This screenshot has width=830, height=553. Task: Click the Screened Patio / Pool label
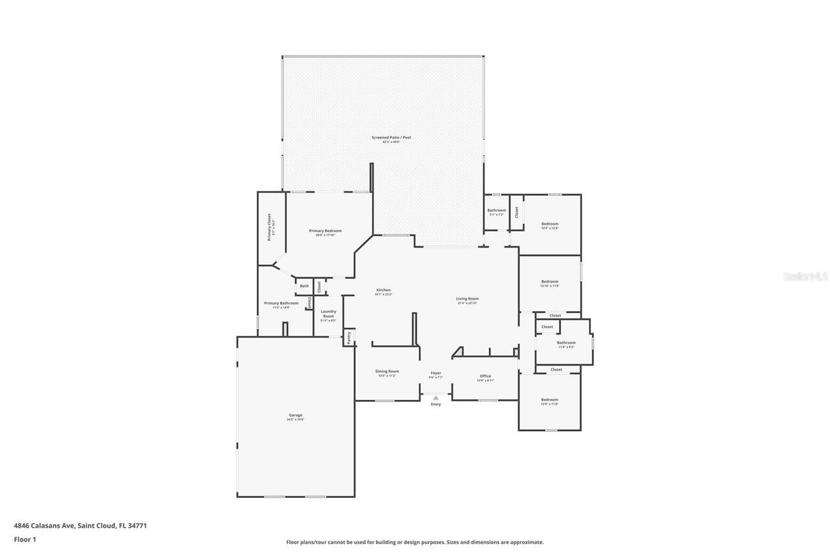pos(391,137)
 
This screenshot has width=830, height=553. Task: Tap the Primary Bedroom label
pos(325,231)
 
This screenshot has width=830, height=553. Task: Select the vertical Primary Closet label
pos(269,228)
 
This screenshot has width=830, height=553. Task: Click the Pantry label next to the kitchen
pos(349,337)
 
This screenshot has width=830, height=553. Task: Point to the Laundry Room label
pos(328,314)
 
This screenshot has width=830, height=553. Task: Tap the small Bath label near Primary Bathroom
pos(304,286)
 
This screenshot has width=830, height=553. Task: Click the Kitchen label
pos(383,290)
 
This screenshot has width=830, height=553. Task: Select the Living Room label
pos(467,299)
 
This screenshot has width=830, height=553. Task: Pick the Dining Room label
pos(386,371)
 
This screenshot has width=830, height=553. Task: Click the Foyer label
pos(436,373)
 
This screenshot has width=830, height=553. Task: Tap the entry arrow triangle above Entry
pos(436,397)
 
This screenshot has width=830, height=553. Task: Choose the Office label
pos(485,376)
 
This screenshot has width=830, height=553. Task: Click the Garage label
pos(295,415)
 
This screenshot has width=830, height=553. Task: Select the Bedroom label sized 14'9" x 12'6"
pos(550,224)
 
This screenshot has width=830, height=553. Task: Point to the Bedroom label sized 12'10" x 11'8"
pos(550,281)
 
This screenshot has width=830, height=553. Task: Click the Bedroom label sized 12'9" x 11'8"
pos(549,399)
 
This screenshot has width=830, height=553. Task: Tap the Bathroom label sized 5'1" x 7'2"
pos(496,210)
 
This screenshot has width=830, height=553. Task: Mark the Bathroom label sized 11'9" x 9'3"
pos(565,343)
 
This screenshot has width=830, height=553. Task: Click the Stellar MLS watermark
pos(805,276)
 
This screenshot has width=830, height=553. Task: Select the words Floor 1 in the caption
pos(25,539)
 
